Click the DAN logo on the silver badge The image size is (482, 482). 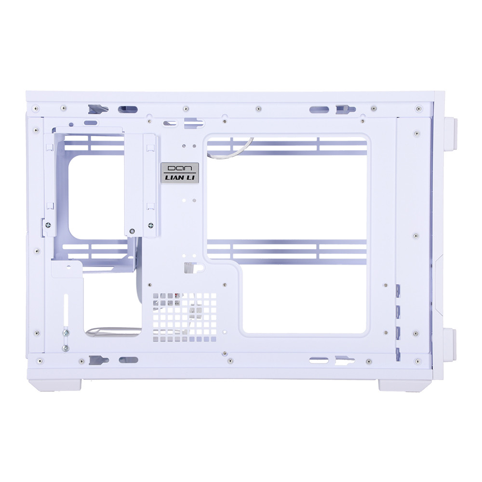pos(180,168)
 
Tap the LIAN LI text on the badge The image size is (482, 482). pos(180,178)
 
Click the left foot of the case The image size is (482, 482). pos(55,385)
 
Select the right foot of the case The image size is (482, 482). pos(405,385)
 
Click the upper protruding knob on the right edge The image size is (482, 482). pos(450,133)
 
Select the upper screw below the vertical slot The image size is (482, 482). pos(66,332)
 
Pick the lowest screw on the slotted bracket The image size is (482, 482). pos(66,348)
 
